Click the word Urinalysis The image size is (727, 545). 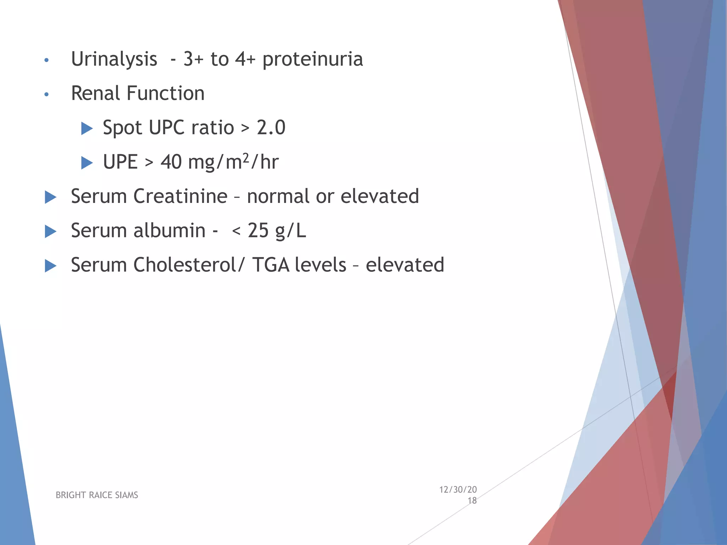click(x=114, y=59)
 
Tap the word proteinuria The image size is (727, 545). click(x=312, y=59)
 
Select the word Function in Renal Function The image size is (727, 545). click(x=165, y=93)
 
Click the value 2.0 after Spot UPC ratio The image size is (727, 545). click(x=271, y=128)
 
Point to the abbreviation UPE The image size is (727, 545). click(x=120, y=162)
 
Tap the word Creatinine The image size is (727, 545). click(x=180, y=196)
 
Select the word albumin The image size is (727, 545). click(x=169, y=231)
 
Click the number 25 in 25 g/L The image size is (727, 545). click(x=258, y=231)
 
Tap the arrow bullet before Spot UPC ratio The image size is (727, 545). click(x=87, y=128)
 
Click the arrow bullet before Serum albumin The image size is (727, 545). click(x=51, y=231)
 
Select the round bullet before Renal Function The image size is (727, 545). click(x=46, y=94)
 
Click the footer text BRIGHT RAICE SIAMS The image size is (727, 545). click(x=97, y=495)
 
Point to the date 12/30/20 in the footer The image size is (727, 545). click(x=458, y=490)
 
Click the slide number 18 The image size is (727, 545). click(x=472, y=501)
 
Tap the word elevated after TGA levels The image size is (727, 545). click(x=405, y=265)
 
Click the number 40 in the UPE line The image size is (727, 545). click(x=171, y=162)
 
